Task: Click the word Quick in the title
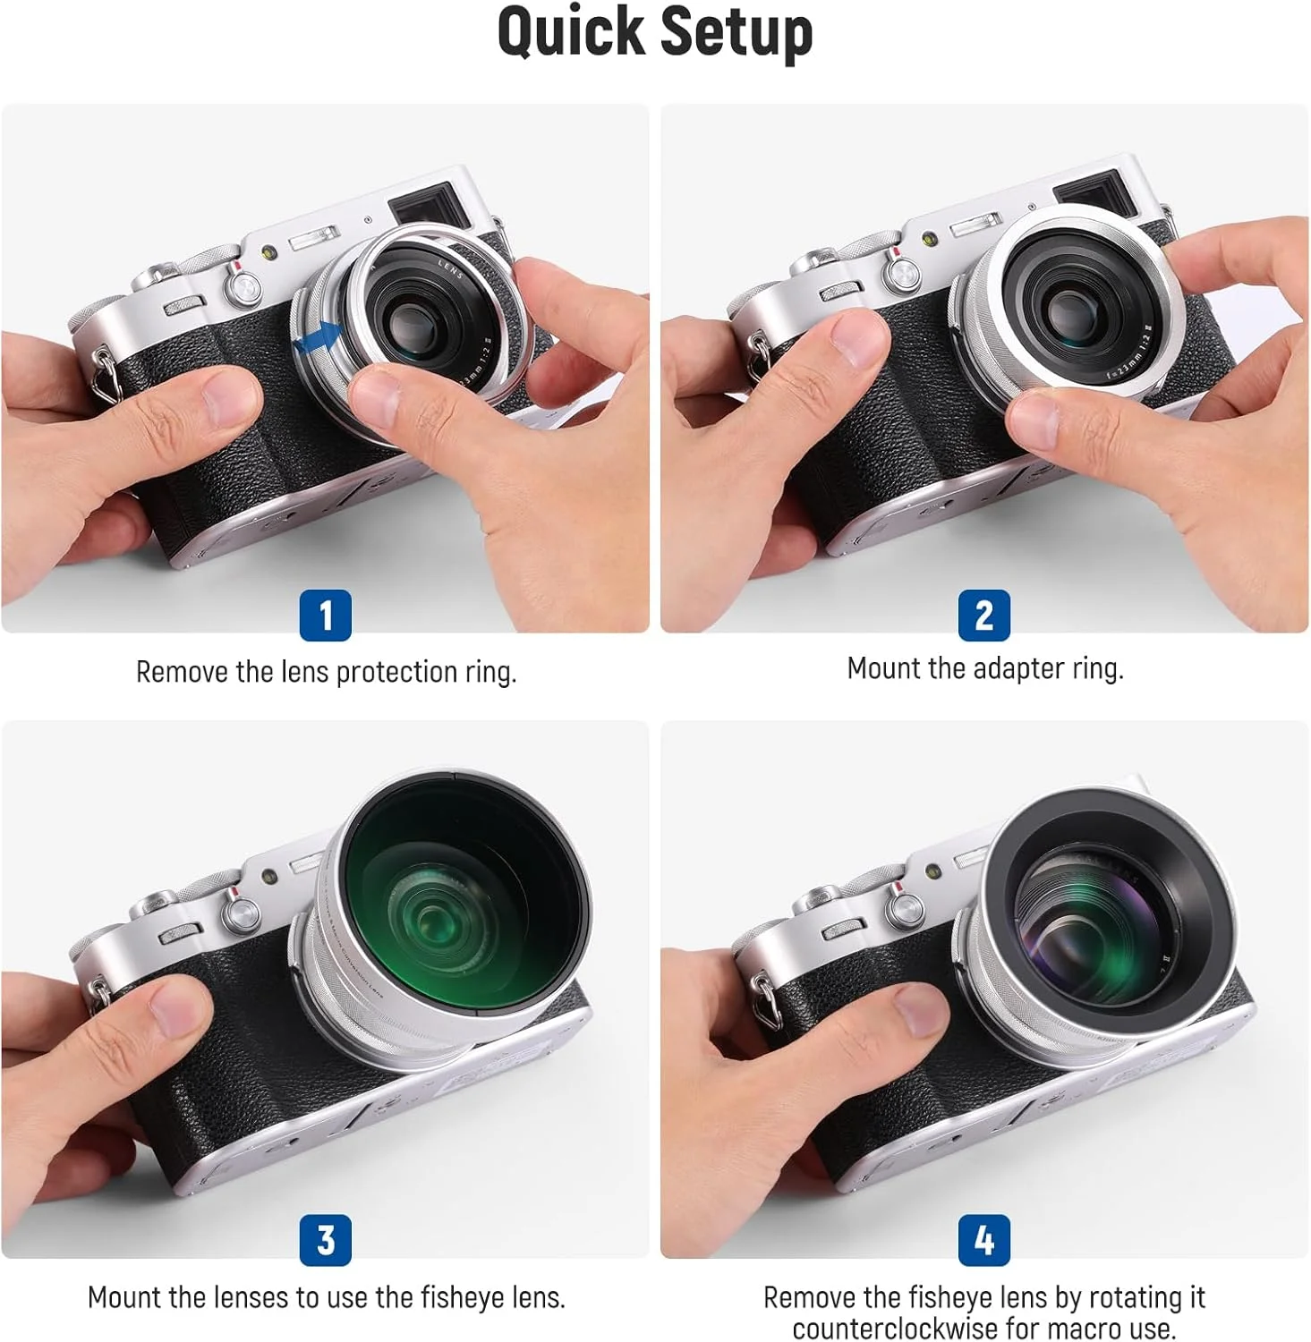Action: pos(571,33)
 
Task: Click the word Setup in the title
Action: pos(737,33)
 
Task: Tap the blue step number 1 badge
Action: pos(326,615)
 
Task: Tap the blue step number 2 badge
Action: pos(984,615)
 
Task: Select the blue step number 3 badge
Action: pos(326,1239)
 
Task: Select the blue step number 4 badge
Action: pos(984,1239)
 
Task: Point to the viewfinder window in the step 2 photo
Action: pos(1089,195)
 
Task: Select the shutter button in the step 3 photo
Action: pos(240,913)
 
